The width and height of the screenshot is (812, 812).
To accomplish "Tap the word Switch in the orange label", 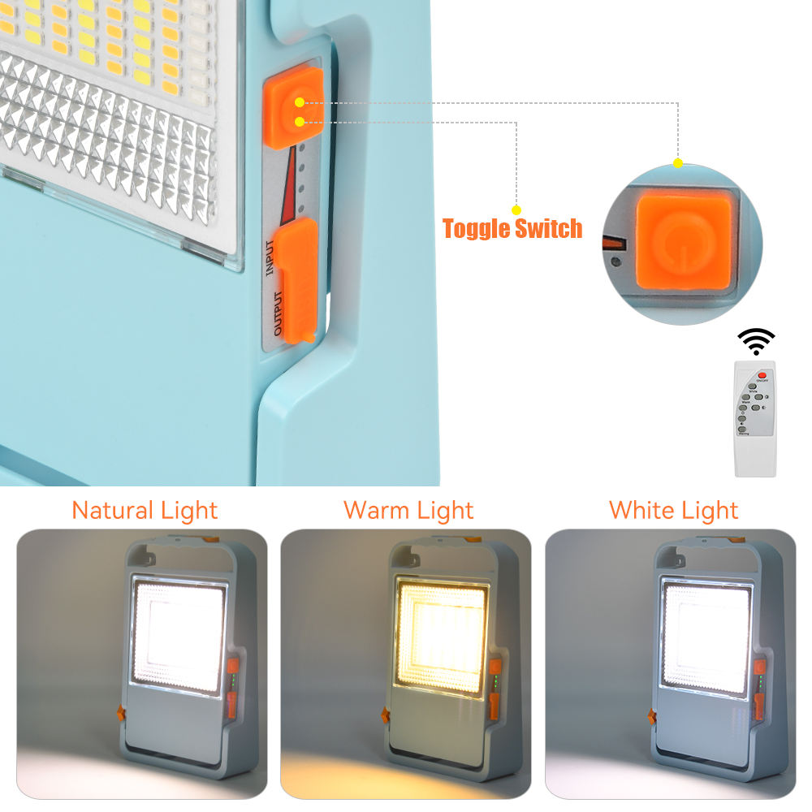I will [x=548, y=229].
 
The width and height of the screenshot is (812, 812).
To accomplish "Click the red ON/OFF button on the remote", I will [x=762, y=375].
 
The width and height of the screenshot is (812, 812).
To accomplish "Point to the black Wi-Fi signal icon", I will [x=756, y=341].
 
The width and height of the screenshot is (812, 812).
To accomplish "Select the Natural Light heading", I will [x=145, y=510].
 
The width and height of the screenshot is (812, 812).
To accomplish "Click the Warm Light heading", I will [x=408, y=510].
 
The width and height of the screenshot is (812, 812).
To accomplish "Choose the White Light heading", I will [x=673, y=510].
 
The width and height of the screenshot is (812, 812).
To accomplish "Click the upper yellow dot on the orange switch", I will [x=300, y=102].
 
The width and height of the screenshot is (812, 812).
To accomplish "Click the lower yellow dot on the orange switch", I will [x=300, y=122].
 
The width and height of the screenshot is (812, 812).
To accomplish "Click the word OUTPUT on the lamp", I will [x=278, y=313].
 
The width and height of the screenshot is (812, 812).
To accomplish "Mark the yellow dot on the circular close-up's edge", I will [x=678, y=163].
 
